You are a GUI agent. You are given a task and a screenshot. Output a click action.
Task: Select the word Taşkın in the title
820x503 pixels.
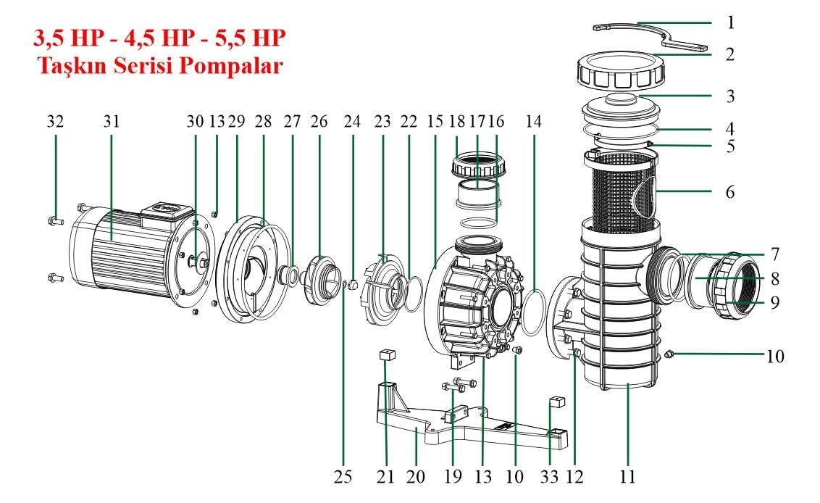click(x=69, y=66)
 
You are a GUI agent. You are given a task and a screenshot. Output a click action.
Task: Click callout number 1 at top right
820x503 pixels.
click(x=730, y=22)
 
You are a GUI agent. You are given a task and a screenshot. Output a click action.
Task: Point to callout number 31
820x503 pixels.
click(x=110, y=122)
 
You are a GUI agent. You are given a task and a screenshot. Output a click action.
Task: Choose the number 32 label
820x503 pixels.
click(x=55, y=122)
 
